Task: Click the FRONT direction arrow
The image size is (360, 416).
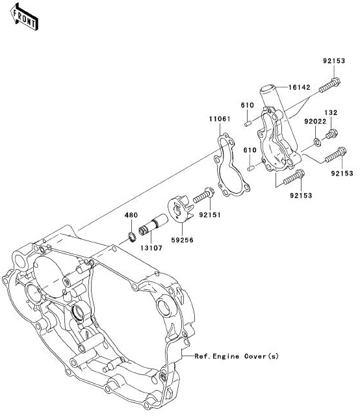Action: click(25, 16)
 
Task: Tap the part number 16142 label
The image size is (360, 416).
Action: click(300, 87)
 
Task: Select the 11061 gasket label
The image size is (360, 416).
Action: click(220, 119)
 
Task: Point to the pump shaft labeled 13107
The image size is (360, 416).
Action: click(153, 224)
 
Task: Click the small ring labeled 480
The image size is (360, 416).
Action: click(132, 237)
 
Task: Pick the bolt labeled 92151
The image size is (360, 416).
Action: click(203, 195)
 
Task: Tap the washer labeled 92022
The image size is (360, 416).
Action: click(317, 142)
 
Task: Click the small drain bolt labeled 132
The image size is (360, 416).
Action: click(331, 134)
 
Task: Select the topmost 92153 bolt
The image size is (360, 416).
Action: click(329, 85)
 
